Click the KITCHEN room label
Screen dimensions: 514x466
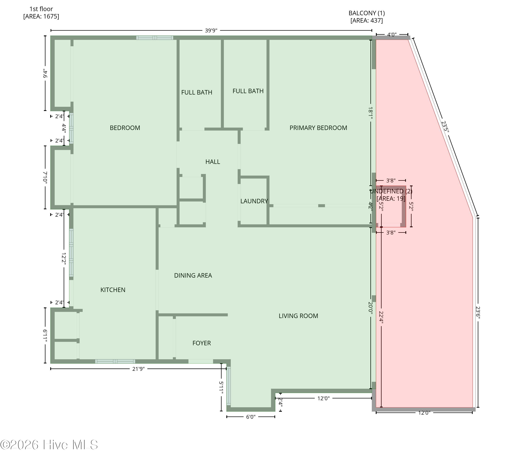(x=113, y=290)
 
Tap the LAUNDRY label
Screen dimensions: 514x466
(x=254, y=201)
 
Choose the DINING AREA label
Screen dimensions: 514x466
(x=193, y=275)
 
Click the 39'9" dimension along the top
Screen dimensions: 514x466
(x=211, y=31)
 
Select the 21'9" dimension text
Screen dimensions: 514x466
(x=138, y=369)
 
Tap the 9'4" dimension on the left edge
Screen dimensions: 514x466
(x=45, y=74)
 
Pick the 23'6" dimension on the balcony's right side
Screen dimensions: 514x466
(x=478, y=312)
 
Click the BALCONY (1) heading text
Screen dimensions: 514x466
(x=367, y=13)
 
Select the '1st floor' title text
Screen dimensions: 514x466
(x=41, y=9)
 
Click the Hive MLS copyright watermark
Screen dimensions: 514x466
(x=49, y=445)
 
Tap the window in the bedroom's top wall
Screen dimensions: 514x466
(x=155, y=38)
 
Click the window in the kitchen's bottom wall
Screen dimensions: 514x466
(x=115, y=361)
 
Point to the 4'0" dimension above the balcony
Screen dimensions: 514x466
(x=392, y=35)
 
